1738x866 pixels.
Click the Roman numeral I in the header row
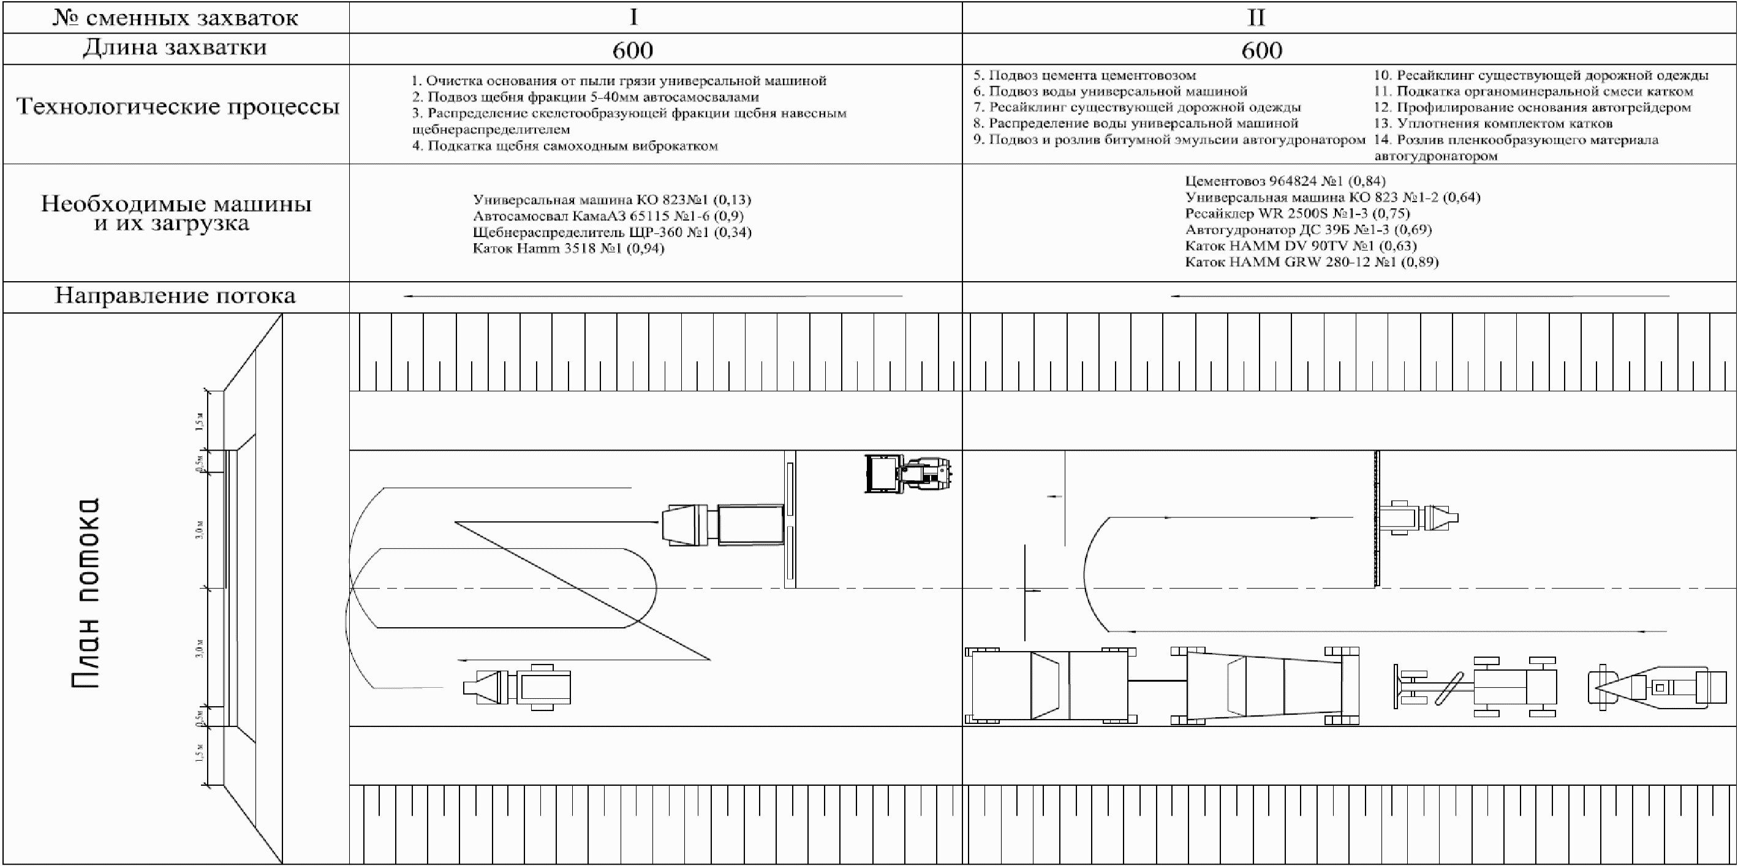tap(633, 17)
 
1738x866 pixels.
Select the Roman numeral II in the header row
tap(1256, 17)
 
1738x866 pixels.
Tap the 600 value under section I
tap(633, 50)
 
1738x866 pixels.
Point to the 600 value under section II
tap(1261, 50)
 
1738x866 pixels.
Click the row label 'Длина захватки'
tap(175, 48)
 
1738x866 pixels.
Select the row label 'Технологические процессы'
tap(178, 107)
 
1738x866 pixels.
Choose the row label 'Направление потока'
tap(175, 296)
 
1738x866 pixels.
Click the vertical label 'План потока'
tap(86, 593)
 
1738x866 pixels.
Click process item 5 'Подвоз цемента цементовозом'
tap(1084, 75)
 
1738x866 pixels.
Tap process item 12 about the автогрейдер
tap(1532, 108)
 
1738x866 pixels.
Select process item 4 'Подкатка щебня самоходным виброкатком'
tap(565, 146)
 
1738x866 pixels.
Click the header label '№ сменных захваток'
tap(175, 18)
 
